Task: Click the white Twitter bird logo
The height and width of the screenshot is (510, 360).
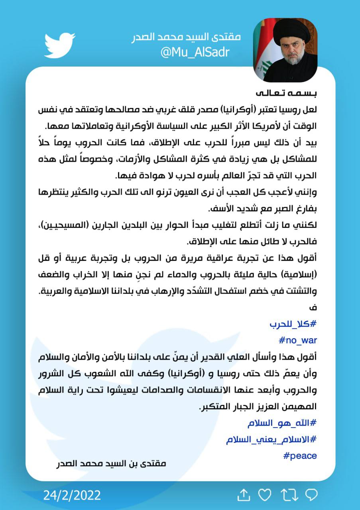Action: [x=59, y=45]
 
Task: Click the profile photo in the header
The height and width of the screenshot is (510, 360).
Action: [x=285, y=50]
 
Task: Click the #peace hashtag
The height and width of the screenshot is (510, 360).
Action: [x=300, y=455]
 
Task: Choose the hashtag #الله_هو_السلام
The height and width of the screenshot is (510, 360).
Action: [x=281, y=423]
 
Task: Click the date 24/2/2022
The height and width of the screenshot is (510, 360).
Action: [x=72, y=495]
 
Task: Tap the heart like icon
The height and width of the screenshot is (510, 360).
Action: [x=264, y=495]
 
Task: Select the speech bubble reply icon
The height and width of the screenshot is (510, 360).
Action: [x=311, y=495]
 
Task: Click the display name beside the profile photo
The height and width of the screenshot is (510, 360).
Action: [x=186, y=37]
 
